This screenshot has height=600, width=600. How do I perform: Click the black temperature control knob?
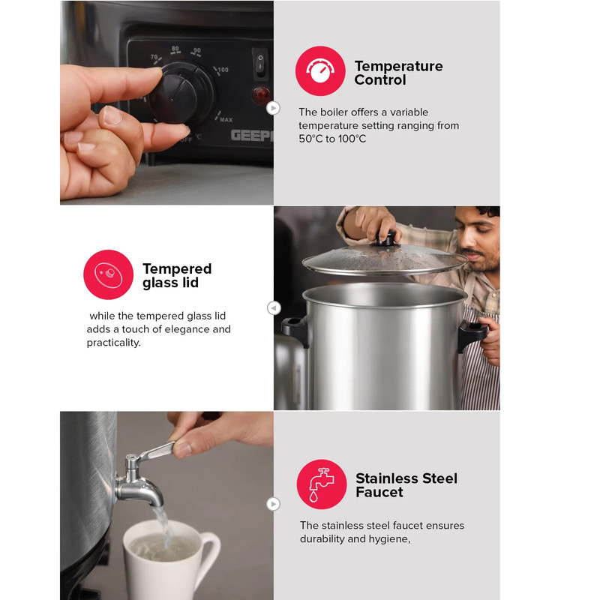(179, 96)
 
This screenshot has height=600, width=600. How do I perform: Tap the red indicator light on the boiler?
(262, 94)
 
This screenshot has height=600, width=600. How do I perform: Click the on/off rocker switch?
(260, 62)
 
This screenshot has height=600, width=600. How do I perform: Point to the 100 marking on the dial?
(222, 70)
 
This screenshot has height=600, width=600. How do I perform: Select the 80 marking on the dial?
(175, 49)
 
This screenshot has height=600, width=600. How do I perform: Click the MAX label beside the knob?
(226, 120)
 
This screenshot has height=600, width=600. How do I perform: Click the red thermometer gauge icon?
(320, 70)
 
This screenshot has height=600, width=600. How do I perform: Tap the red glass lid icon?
(108, 274)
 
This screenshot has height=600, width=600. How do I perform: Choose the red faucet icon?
(322, 484)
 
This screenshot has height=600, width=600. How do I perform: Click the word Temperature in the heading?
(398, 66)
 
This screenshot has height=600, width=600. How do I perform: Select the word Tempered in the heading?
(177, 269)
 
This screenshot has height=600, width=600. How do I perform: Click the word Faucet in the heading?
(379, 492)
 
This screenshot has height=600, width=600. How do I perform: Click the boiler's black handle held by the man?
(472, 335)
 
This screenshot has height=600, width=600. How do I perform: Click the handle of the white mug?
(211, 552)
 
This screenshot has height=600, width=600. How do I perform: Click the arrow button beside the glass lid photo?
(274, 307)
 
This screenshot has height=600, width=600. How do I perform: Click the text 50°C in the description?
(311, 139)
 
